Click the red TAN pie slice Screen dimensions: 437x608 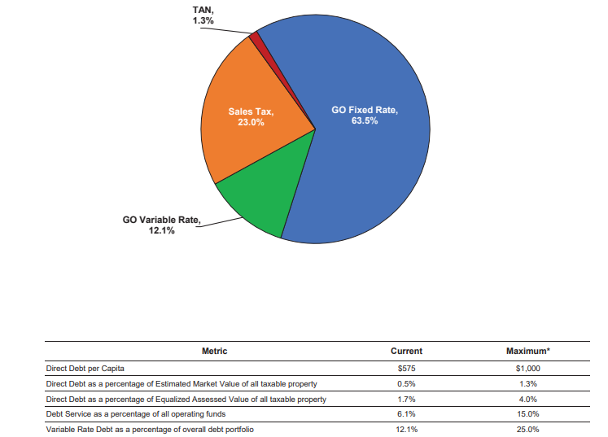click(x=256, y=37)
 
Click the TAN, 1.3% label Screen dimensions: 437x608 click(x=203, y=15)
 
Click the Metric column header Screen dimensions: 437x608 click(x=214, y=352)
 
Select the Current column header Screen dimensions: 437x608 click(x=406, y=352)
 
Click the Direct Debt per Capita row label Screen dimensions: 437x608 click(x=86, y=369)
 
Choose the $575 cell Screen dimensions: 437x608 click(x=406, y=369)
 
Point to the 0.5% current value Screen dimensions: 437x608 click(x=406, y=384)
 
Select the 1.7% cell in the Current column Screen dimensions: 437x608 click(x=406, y=400)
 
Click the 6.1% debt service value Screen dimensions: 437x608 click(x=406, y=414)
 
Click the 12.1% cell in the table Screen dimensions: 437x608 click(x=406, y=430)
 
